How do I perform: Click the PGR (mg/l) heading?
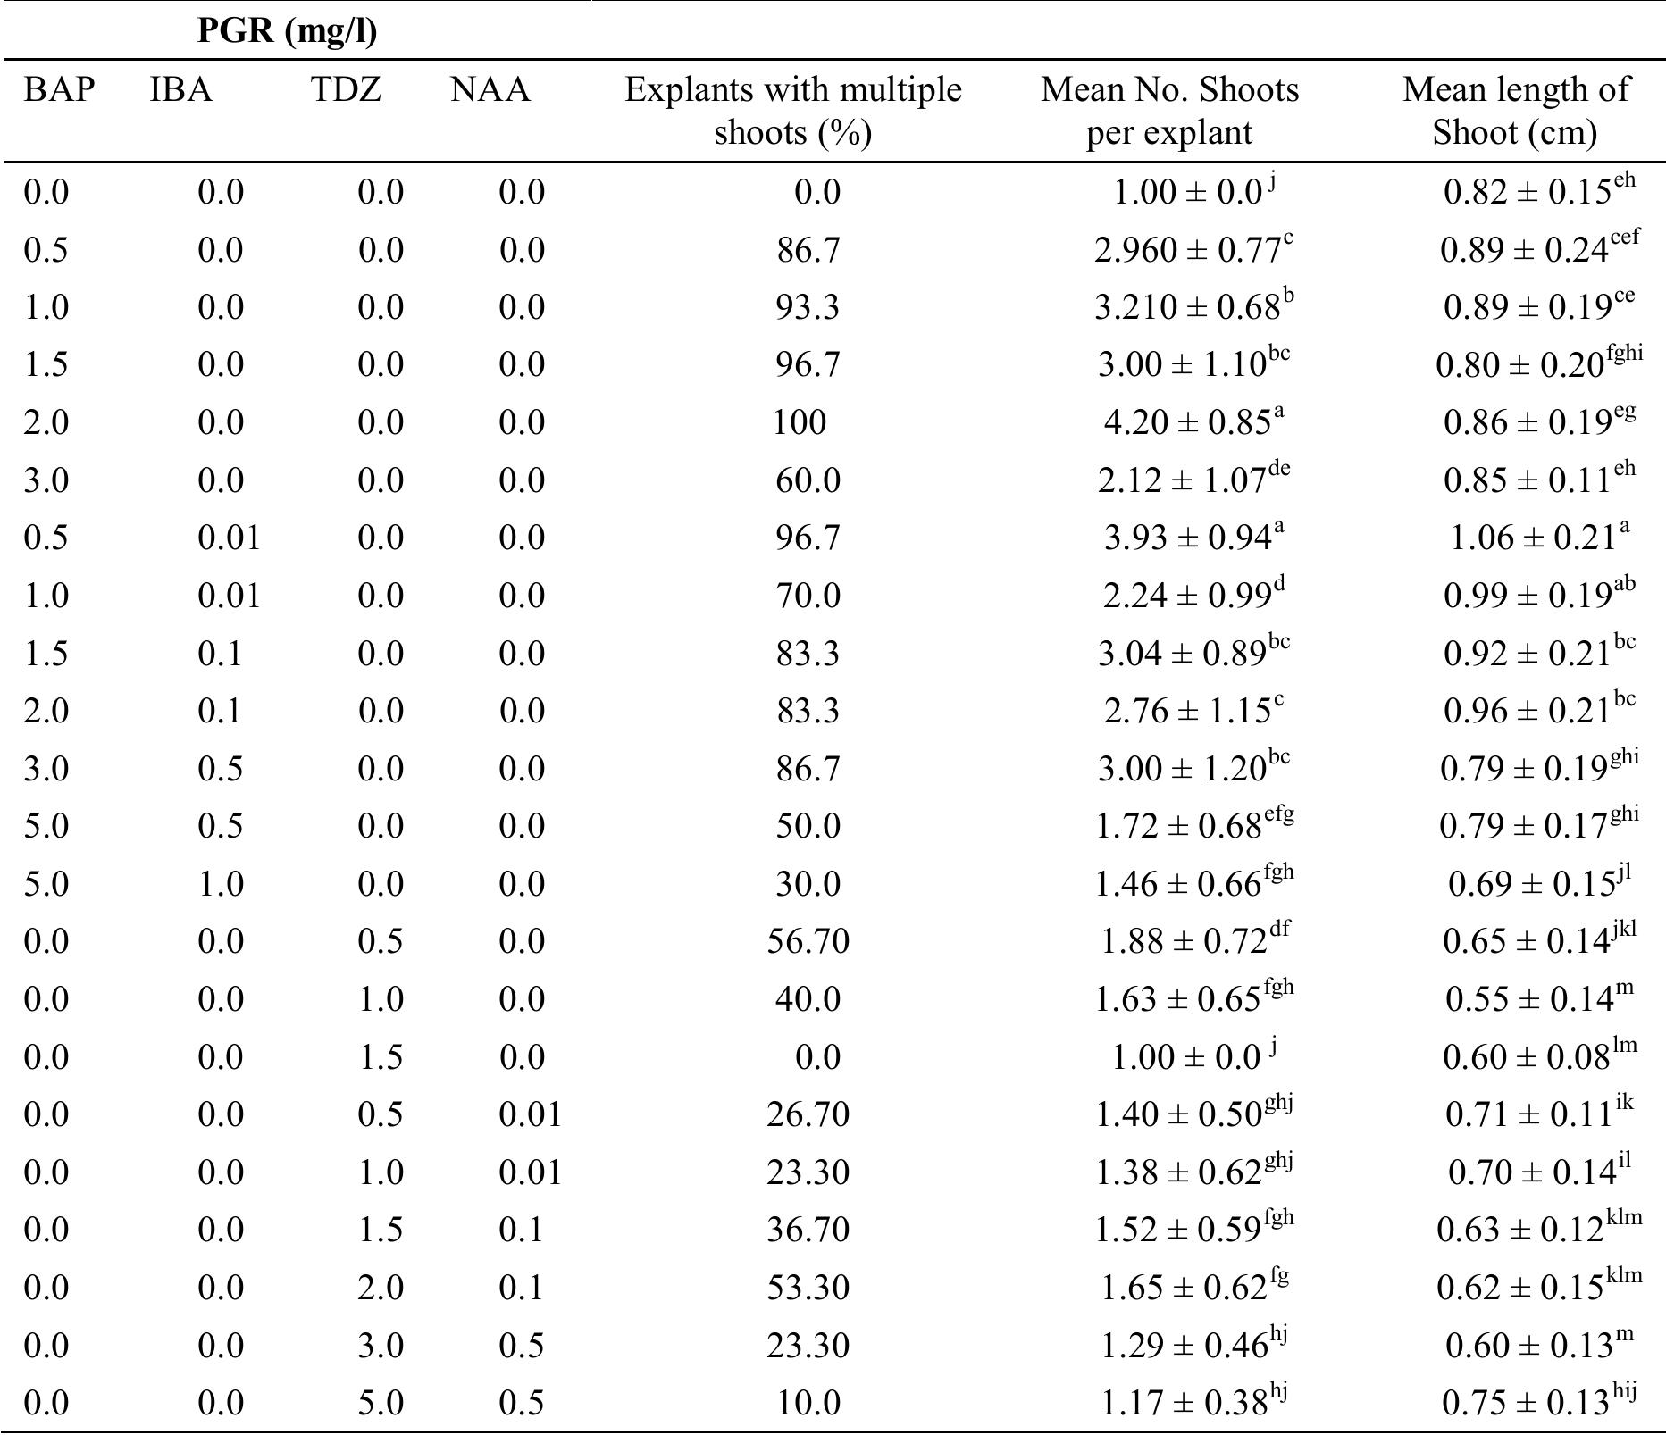[287, 31]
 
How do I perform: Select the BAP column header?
[59, 90]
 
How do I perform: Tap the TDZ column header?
[346, 90]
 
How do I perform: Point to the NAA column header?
[490, 90]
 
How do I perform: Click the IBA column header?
[181, 90]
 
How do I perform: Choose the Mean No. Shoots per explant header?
[1169, 111]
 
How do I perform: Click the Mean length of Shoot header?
[1515, 111]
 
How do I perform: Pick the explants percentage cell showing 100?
[800, 422]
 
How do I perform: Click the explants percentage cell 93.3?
[808, 307]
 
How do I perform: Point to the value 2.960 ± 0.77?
[1193, 249]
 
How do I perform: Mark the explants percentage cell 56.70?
[808, 941]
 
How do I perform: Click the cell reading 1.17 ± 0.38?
[1193, 1403]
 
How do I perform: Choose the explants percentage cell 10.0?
[808, 1403]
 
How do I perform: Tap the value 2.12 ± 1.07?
[1193, 480]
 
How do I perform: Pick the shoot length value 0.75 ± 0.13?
[1539, 1403]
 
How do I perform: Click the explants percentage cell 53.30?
[808, 1288]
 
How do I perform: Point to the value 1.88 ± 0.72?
[1195, 941]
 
